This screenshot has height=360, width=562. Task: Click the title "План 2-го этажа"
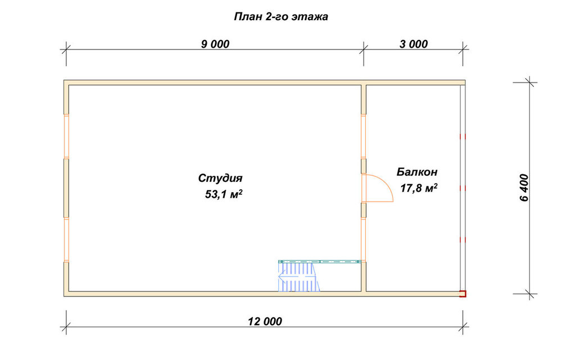[281, 17]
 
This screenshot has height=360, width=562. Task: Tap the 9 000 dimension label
[215, 44]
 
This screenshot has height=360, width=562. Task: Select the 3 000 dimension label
[414, 44]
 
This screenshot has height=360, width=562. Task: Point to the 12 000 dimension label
[265, 321]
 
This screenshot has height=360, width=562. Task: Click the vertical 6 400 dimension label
[524, 188]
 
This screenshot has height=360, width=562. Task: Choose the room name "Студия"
[220, 179]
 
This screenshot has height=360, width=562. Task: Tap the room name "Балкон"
[417, 172]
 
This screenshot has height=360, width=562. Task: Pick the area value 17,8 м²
[419, 188]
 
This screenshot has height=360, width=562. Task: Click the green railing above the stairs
[319, 262]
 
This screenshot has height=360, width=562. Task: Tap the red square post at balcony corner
[463, 294]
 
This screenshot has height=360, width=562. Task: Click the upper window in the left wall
[66, 136]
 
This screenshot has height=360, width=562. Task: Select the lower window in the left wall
[66, 240]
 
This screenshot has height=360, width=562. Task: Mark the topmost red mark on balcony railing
[463, 136]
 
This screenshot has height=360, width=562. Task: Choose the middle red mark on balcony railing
[463, 188]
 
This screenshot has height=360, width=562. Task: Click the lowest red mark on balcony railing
[463, 239]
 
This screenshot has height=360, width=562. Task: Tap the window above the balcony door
[364, 136]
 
